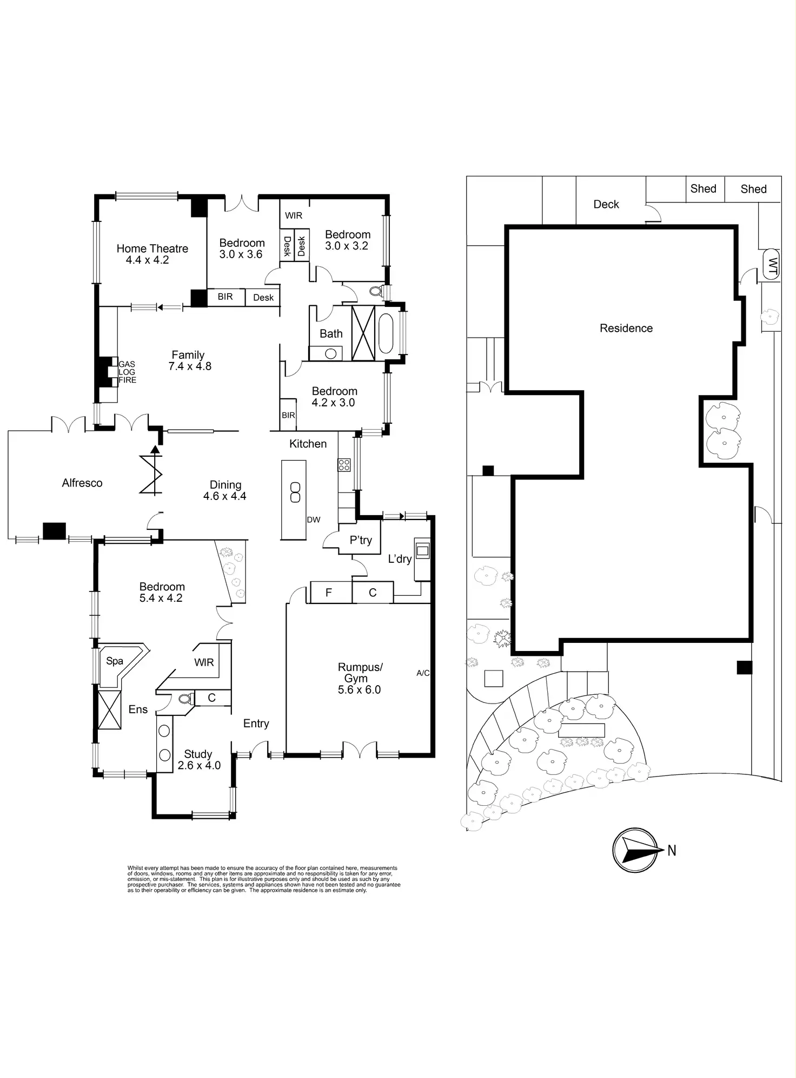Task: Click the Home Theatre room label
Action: [x=152, y=248]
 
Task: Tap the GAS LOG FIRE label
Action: [x=127, y=372]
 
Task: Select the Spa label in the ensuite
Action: [x=115, y=661]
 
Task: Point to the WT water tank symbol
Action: [x=772, y=265]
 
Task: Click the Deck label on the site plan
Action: [x=606, y=205]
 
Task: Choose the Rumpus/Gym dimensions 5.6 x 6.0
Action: [x=359, y=690]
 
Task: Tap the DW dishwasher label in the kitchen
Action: [x=314, y=520]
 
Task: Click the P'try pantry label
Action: [x=361, y=540]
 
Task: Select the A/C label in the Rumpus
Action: [x=423, y=673]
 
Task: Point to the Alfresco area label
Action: [x=82, y=483]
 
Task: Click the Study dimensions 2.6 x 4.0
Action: [x=199, y=766]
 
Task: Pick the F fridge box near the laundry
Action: [x=328, y=593]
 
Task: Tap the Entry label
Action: [x=256, y=724]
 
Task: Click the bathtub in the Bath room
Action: [x=386, y=333]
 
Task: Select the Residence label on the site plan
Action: [x=626, y=328]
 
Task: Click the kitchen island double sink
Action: [x=295, y=492]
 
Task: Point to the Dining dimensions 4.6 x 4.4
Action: [x=224, y=496]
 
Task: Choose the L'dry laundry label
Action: [x=400, y=559]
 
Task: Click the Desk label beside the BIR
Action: [x=263, y=298]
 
